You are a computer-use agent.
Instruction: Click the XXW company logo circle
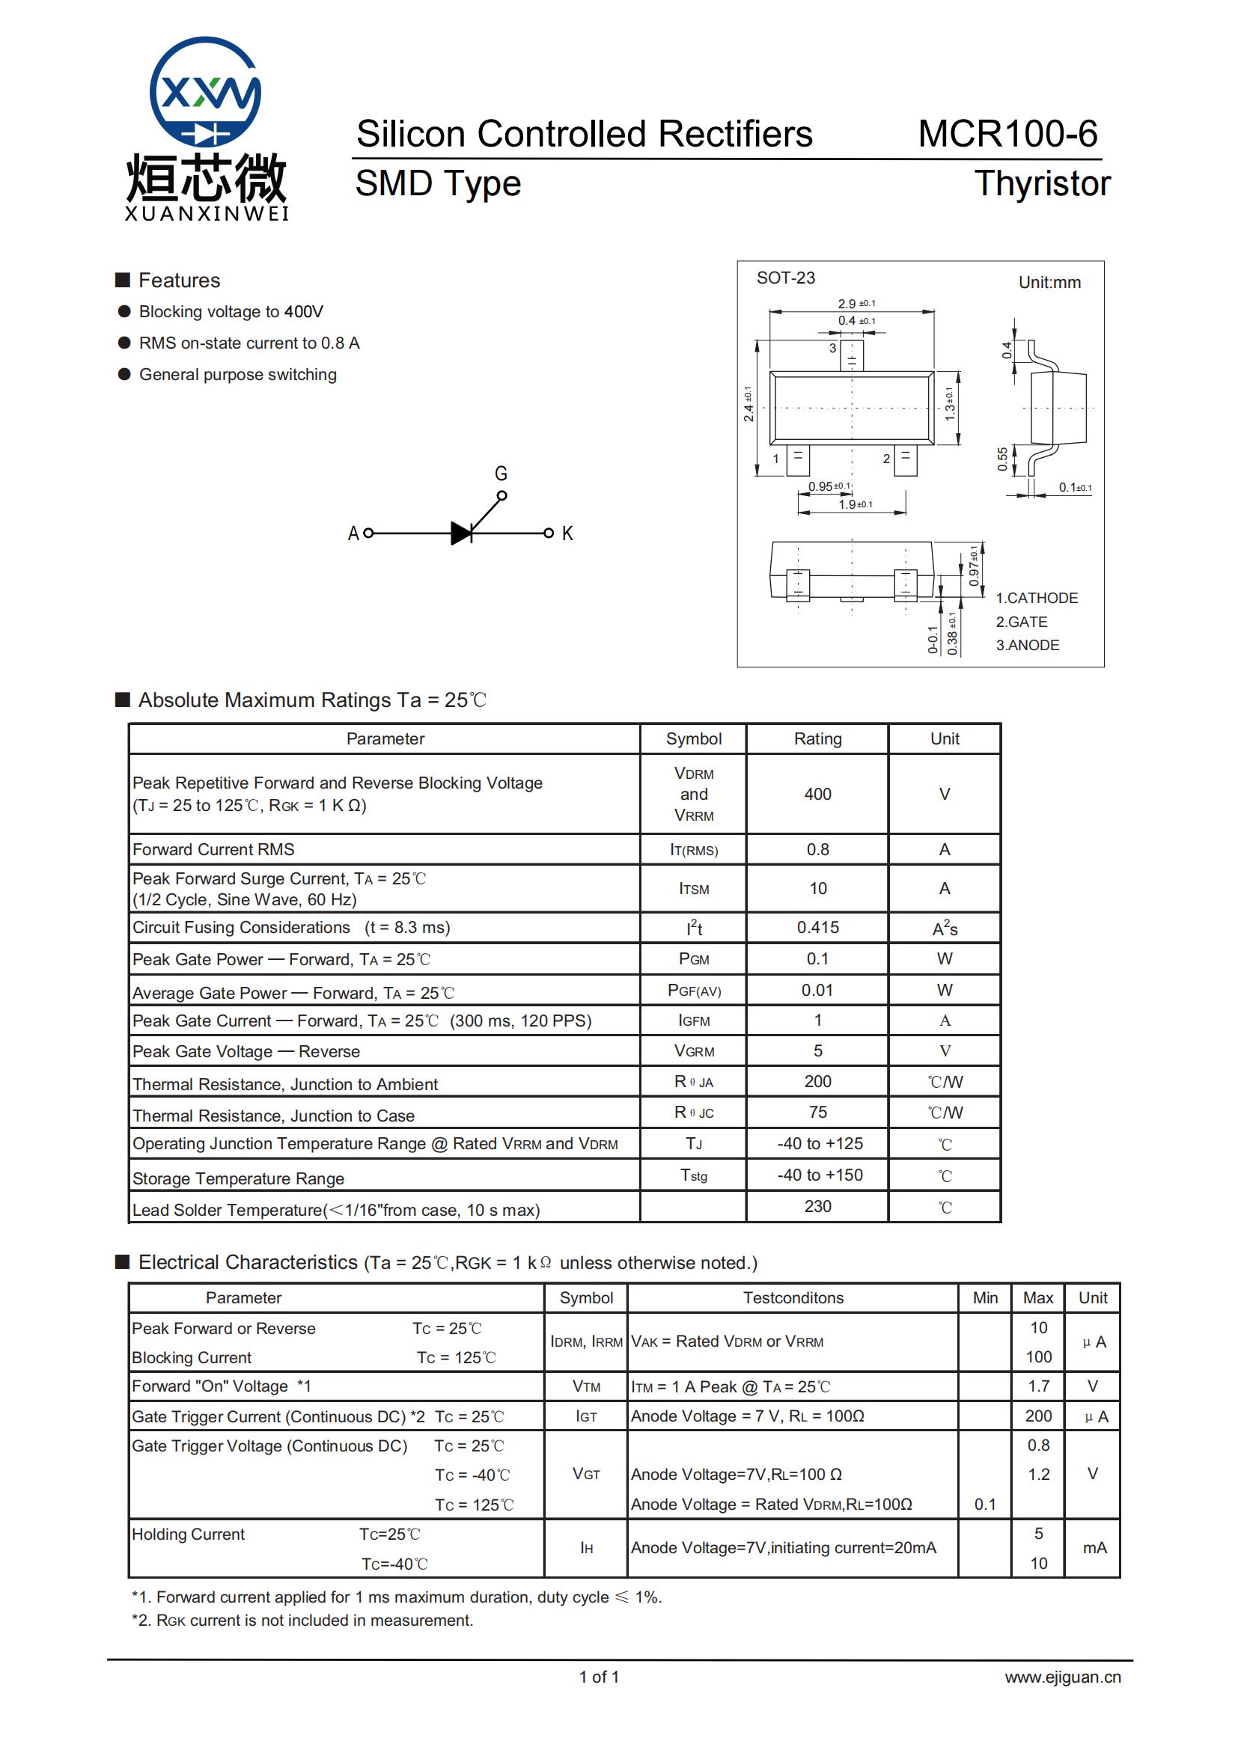point(205,91)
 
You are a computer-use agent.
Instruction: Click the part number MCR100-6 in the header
point(1007,134)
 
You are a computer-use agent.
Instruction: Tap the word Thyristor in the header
point(1042,184)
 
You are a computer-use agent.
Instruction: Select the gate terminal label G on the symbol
point(501,474)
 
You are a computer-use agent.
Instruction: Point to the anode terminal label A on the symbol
point(353,533)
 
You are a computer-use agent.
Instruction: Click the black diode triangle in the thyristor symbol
point(461,533)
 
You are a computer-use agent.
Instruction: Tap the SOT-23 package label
point(785,278)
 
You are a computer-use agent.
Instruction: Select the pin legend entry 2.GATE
point(1022,622)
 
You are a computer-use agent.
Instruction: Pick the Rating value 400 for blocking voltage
point(817,795)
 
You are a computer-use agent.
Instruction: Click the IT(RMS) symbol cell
point(694,850)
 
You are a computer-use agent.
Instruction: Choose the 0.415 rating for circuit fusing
point(817,928)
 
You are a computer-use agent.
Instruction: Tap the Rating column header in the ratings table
point(817,738)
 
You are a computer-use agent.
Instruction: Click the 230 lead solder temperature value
point(817,1207)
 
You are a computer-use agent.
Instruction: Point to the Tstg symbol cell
point(694,1175)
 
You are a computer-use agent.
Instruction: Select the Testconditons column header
point(793,1298)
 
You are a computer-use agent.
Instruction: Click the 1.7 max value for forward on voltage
point(1038,1386)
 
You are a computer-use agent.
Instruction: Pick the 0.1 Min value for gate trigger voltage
point(985,1505)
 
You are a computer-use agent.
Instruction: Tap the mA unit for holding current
point(1094,1548)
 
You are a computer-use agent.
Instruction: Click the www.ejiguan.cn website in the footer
point(1062,1677)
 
